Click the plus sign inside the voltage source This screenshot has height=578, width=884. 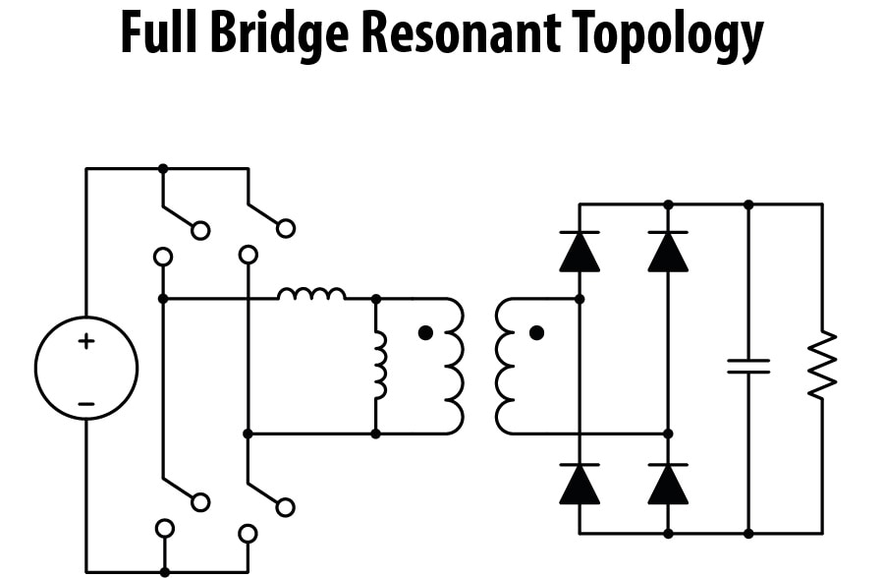(x=86, y=342)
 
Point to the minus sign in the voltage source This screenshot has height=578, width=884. (x=86, y=403)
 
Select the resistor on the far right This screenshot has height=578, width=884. (x=822, y=366)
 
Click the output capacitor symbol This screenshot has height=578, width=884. (x=748, y=366)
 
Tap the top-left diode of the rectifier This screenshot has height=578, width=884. (x=580, y=252)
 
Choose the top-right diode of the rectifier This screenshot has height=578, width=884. (x=668, y=252)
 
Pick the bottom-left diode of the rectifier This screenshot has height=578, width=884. (x=580, y=484)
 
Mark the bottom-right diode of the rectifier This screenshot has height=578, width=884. (x=668, y=484)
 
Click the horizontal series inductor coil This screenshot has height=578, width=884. (x=311, y=293)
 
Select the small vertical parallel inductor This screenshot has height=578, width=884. (x=379, y=366)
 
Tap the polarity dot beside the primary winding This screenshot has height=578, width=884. (x=425, y=333)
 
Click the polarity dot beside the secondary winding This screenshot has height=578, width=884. (x=536, y=333)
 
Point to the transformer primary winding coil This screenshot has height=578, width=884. (x=454, y=366)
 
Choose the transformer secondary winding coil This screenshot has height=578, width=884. (x=505, y=366)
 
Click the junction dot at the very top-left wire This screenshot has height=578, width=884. (x=163, y=168)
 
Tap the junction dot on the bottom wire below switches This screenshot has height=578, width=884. (x=163, y=571)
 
